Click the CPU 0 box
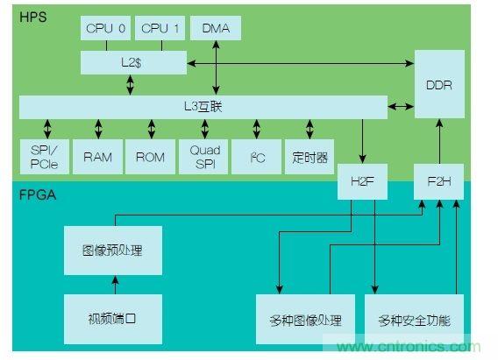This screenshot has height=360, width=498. (106, 29)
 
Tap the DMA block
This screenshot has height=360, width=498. (215, 29)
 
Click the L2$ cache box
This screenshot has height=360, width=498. (133, 63)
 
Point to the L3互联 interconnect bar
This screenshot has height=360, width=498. (203, 107)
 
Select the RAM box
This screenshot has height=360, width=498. (97, 157)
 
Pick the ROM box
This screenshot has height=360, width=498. (150, 157)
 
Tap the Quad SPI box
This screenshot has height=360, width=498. (204, 157)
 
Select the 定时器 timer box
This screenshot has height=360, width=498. (309, 157)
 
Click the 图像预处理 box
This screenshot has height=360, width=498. (115, 251)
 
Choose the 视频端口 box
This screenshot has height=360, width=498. (115, 319)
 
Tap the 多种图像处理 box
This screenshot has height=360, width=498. (305, 320)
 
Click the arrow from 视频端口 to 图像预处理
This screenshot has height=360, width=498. (114, 285)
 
